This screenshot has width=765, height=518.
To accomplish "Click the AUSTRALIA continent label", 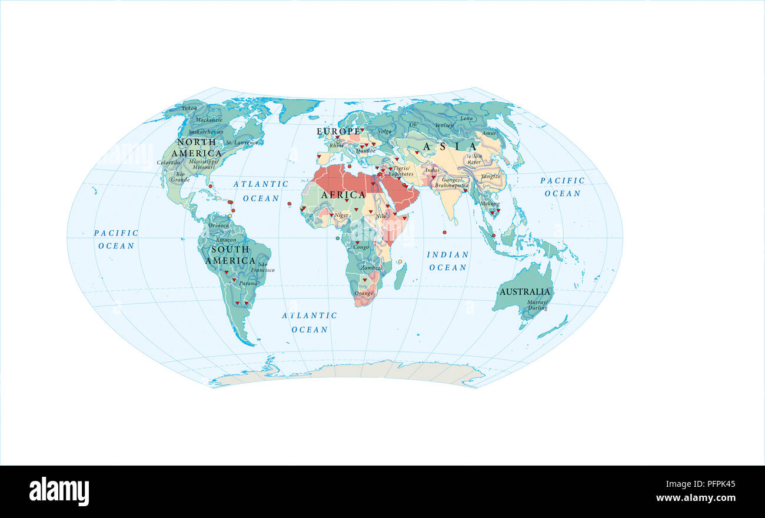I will click(524, 291).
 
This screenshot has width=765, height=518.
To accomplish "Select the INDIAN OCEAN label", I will click(448, 261).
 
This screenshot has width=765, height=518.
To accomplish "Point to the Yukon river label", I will click(189, 108).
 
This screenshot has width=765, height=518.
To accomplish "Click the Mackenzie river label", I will click(209, 119).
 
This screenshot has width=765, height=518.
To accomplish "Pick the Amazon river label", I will click(226, 240).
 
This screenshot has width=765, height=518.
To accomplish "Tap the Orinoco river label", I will click(218, 225).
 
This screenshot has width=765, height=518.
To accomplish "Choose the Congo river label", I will click(361, 247).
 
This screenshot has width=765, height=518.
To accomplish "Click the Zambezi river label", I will click(372, 267).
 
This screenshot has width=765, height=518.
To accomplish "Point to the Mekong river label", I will click(490, 204).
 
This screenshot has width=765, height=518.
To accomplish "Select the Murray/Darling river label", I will click(538, 304).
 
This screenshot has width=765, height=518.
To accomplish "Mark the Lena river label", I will click(466, 118).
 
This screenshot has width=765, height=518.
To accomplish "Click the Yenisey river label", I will click(444, 125).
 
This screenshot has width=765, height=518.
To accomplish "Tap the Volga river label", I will click(384, 131).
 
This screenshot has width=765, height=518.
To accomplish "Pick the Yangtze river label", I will click(490, 176).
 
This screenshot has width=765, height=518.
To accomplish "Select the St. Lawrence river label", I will click(242, 142).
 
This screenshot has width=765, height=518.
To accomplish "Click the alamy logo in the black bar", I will click(59, 492).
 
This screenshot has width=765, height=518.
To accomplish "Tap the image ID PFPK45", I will click(714, 484).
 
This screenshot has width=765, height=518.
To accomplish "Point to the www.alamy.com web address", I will click(696, 498).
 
